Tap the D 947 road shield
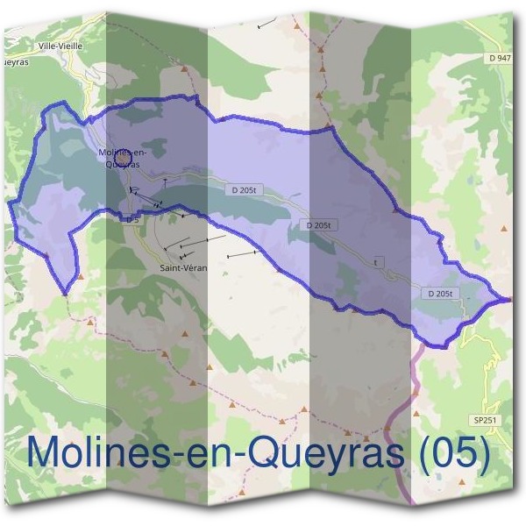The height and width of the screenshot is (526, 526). click(501, 58)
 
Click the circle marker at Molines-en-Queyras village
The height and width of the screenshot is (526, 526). click(122, 155)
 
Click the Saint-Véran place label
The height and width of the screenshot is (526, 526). click(184, 267)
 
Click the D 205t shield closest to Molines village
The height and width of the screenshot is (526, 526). click(246, 189)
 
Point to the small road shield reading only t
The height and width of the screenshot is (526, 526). click(378, 262)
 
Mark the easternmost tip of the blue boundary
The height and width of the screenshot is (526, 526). click(509, 301)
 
